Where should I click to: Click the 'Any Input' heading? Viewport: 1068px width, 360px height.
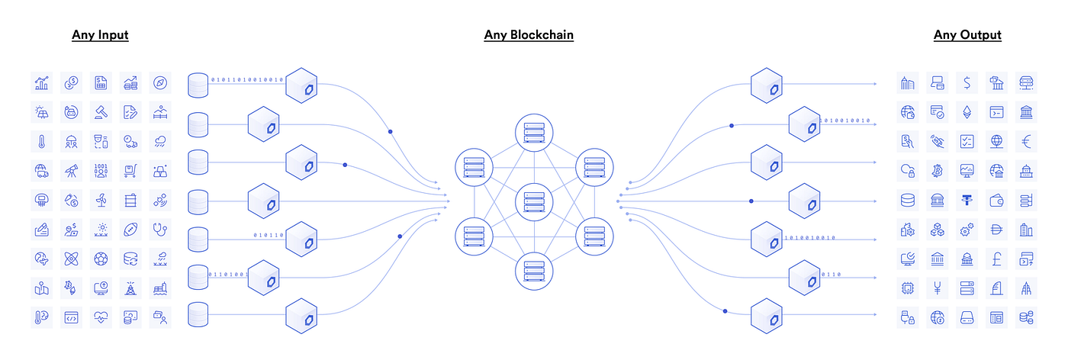(x=100, y=34)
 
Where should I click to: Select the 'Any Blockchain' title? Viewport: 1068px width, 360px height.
(x=529, y=34)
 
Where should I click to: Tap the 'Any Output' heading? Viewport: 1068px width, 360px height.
(x=967, y=34)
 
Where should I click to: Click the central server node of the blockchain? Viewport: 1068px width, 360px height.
(x=532, y=201)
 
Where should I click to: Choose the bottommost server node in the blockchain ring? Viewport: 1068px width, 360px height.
(x=532, y=272)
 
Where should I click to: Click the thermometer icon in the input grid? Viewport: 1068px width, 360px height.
(x=41, y=141)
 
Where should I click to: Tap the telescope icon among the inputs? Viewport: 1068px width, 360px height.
(x=71, y=170)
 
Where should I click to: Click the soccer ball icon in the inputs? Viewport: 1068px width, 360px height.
(x=101, y=259)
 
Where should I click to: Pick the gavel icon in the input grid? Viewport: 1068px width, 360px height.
(x=101, y=111)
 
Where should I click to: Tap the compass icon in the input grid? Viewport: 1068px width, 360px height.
(x=159, y=82)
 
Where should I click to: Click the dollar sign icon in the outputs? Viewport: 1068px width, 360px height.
(x=967, y=82)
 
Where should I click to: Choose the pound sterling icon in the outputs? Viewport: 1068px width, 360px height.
(x=996, y=259)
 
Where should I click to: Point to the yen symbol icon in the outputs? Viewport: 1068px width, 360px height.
(x=938, y=288)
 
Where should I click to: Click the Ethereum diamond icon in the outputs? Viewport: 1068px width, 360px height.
(x=967, y=111)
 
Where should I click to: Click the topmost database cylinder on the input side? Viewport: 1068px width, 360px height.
(x=198, y=84)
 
